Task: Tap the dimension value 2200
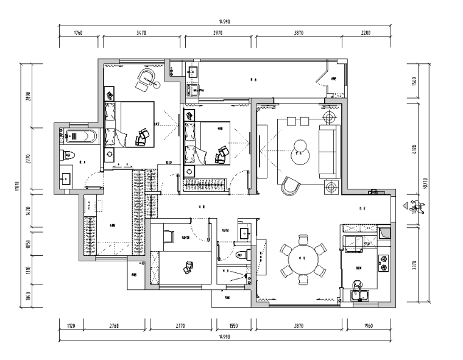tap(365, 32)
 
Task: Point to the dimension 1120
tap(70, 326)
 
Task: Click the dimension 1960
tap(369, 326)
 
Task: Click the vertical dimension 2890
tap(28, 96)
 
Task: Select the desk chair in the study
tap(189, 266)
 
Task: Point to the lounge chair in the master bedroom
tap(146, 79)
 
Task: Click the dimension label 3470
tap(143, 32)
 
